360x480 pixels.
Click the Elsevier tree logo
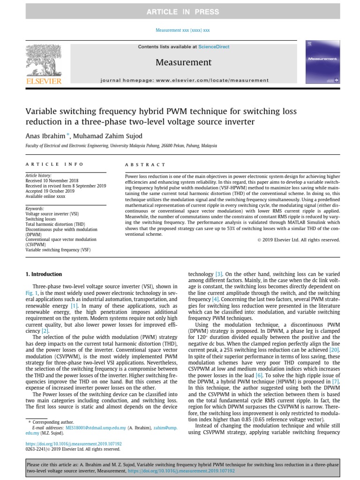coord(44,59)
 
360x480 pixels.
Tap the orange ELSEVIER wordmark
coord(44,81)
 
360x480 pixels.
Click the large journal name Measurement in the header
coord(183,62)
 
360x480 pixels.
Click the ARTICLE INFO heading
coord(54,165)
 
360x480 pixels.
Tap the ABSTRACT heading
coord(145,165)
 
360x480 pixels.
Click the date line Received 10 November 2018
coord(52,180)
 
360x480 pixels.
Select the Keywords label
coord(34,209)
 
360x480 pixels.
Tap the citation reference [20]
coord(333,350)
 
